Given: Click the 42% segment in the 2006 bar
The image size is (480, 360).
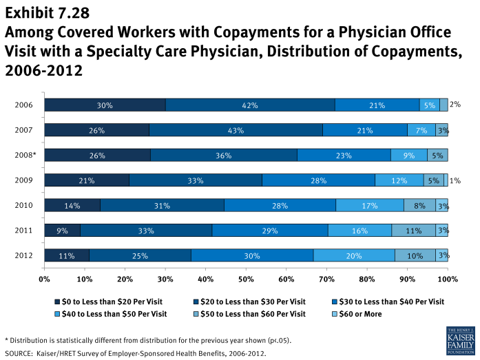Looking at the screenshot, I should (x=250, y=105).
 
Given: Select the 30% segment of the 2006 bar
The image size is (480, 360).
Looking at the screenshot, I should (x=105, y=105).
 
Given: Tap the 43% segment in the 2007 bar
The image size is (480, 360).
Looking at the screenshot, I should (x=236, y=130).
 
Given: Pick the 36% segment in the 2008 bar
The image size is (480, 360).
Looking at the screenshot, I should (x=224, y=155).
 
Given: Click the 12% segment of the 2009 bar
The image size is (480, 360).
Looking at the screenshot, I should (x=399, y=180).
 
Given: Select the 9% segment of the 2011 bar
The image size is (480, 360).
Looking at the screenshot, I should (x=63, y=230).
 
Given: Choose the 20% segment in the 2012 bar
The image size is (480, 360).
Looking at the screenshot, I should (x=354, y=255).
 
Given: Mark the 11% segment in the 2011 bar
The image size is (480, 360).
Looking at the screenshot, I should (x=413, y=230).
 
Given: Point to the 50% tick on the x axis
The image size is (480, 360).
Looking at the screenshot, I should (x=246, y=279).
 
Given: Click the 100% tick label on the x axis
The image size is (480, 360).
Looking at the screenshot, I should (x=447, y=279).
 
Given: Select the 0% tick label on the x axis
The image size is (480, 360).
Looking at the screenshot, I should (x=45, y=279).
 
